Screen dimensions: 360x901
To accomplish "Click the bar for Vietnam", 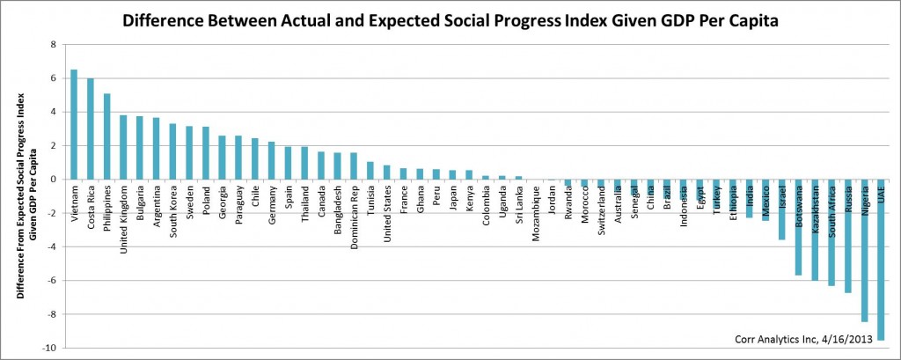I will (x=74, y=124).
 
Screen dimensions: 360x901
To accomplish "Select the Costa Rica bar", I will (x=90, y=129).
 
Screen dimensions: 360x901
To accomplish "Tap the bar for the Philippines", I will (x=106, y=136).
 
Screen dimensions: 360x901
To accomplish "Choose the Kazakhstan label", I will (x=816, y=211).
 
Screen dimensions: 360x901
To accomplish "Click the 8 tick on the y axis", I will (x=54, y=44).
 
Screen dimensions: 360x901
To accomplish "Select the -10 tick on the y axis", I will (x=51, y=348).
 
